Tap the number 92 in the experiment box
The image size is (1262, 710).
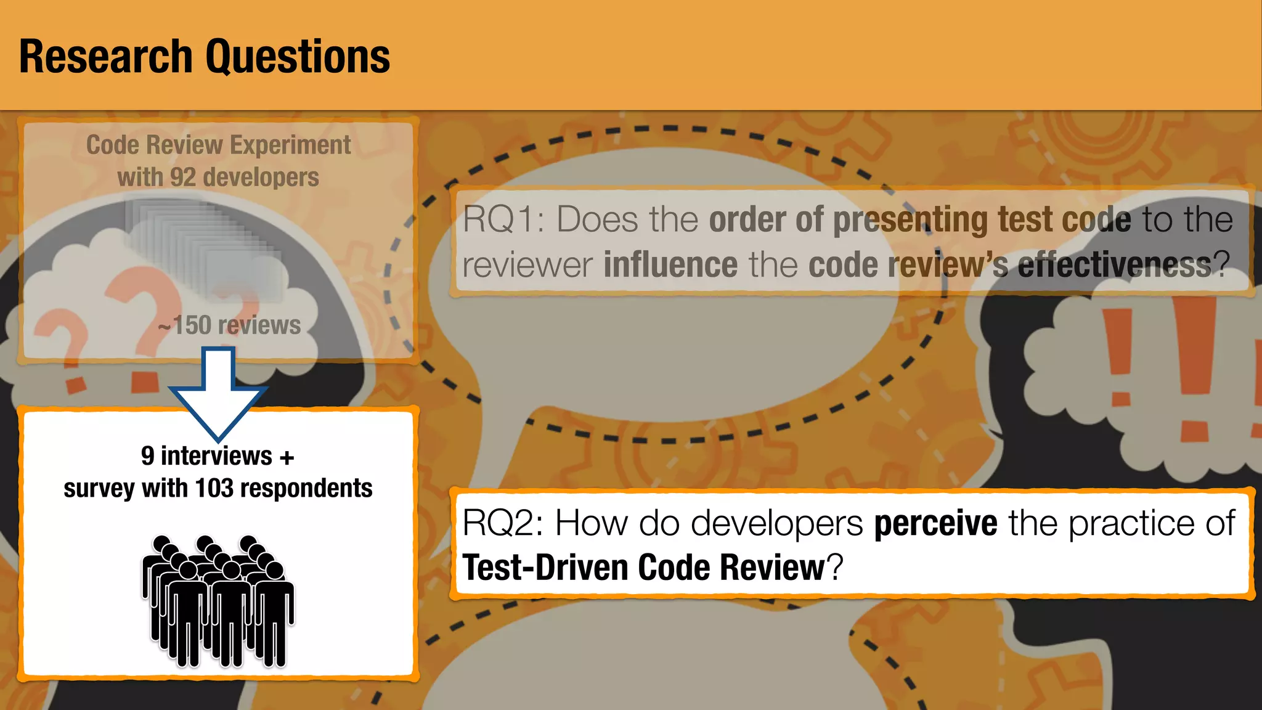[183, 177]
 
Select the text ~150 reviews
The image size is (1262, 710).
[229, 325]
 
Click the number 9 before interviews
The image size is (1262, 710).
[147, 456]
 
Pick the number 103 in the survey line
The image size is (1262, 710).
[214, 488]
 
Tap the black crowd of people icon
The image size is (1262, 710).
[218, 601]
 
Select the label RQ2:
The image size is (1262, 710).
[502, 523]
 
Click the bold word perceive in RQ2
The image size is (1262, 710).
[935, 523]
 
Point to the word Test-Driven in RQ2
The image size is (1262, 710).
[544, 567]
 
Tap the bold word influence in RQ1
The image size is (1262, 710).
[670, 265]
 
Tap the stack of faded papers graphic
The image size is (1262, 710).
[203, 247]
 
